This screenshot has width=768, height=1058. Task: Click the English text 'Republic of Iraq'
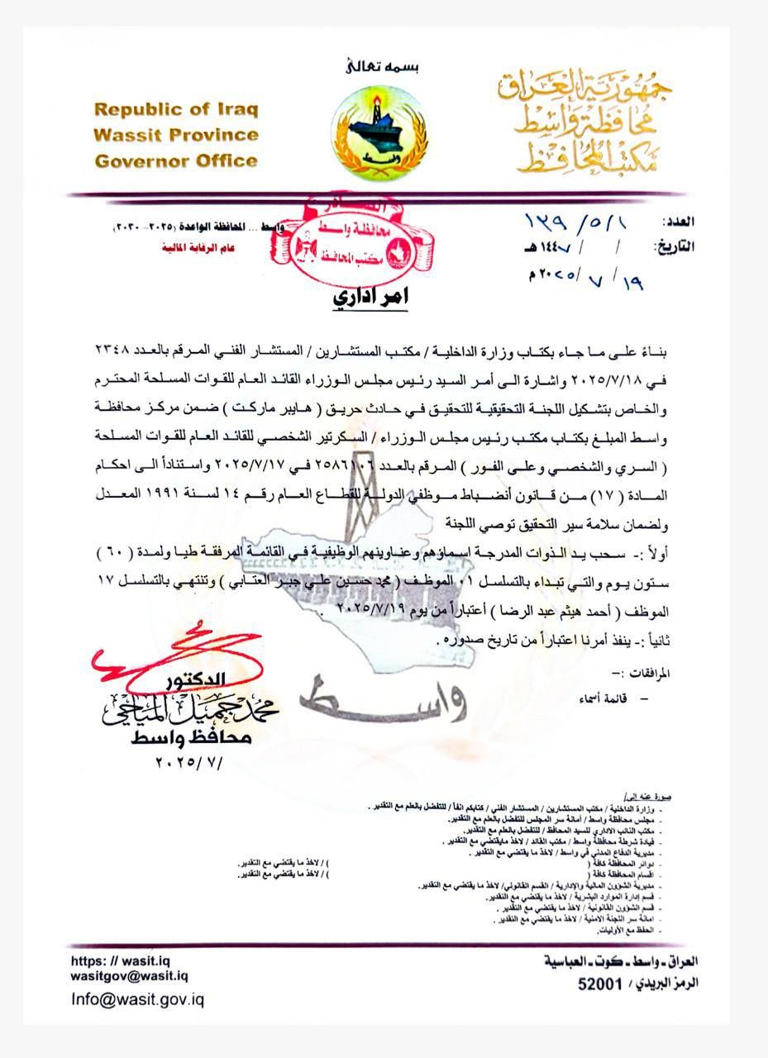click(x=176, y=110)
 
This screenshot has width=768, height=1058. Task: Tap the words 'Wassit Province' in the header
click(x=176, y=135)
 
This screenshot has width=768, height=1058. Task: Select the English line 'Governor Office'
click(x=176, y=160)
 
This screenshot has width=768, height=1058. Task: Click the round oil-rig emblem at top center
click(x=379, y=131)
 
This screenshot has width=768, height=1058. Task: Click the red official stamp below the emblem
click(x=355, y=238)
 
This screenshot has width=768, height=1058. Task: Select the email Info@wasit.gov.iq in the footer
click(x=137, y=999)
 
